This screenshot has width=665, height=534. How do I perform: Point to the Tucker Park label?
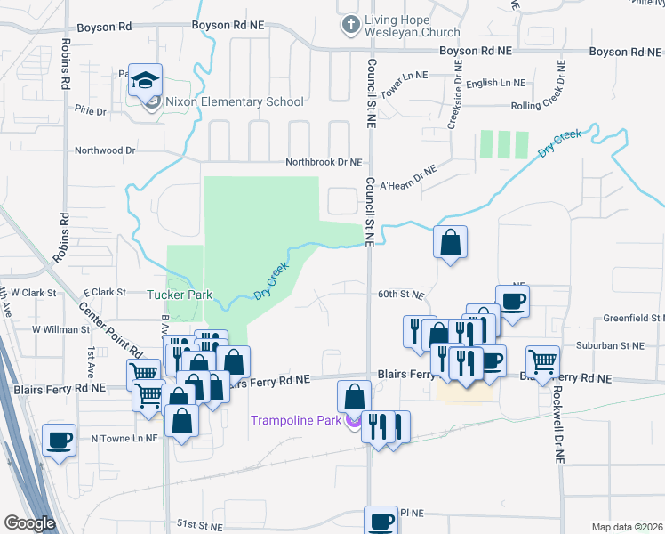178,293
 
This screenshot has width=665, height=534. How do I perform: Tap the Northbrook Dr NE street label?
324,163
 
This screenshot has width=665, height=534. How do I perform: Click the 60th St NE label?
400,295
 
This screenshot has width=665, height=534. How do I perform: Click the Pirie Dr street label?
91,111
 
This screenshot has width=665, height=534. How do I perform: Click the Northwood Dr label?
105,150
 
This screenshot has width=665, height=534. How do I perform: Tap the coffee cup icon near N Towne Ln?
60,440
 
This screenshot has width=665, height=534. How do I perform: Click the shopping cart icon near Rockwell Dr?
542,361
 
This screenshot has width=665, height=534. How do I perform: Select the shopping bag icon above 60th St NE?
451,241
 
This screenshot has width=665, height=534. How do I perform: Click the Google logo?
29,523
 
